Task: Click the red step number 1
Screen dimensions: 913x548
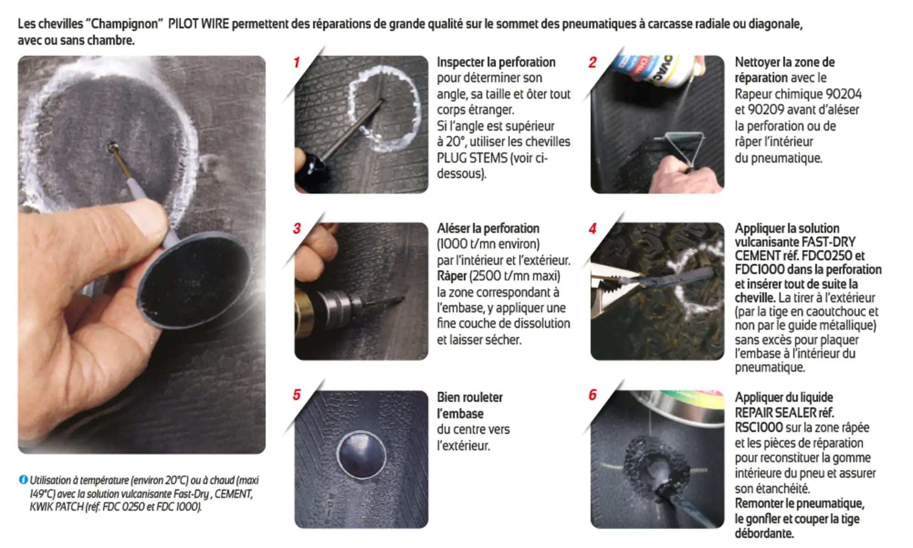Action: pyautogui.click(x=297, y=62)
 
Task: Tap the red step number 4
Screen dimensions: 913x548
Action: pyautogui.click(x=593, y=228)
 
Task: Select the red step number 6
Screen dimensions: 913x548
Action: pyautogui.click(x=593, y=395)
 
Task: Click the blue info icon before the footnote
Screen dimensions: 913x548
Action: pyautogui.click(x=23, y=479)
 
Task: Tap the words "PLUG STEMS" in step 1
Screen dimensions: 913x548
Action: pyautogui.click(x=472, y=158)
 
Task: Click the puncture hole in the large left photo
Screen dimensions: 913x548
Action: pyautogui.click(x=111, y=147)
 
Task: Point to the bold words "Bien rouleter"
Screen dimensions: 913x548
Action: pyautogui.click(x=470, y=397)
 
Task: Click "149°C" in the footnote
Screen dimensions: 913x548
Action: pyautogui.click(x=42, y=494)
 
